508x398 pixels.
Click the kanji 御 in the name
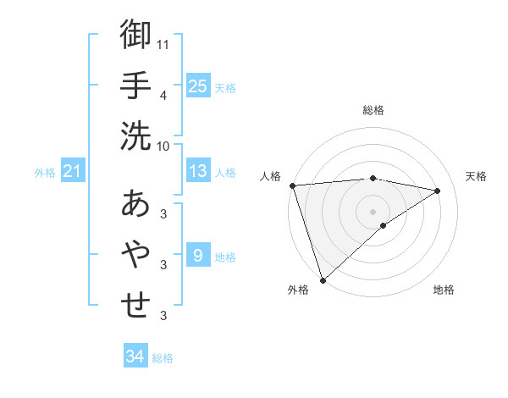(135, 35)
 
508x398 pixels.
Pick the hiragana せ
(135, 304)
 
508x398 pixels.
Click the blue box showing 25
(198, 86)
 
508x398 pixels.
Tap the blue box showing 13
(198, 172)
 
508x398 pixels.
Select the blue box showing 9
(198, 255)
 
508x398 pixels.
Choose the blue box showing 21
(73, 172)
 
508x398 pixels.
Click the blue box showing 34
(135, 357)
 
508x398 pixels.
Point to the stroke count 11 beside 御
(163, 43)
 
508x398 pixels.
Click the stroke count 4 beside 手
(163, 95)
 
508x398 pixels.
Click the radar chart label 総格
(373, 110)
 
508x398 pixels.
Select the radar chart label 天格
(476, 176)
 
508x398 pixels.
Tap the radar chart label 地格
(444, 290)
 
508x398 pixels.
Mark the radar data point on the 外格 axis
(323, 279)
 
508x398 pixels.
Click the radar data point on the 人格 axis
(292, 185)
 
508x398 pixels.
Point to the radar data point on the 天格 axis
(438, 191)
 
